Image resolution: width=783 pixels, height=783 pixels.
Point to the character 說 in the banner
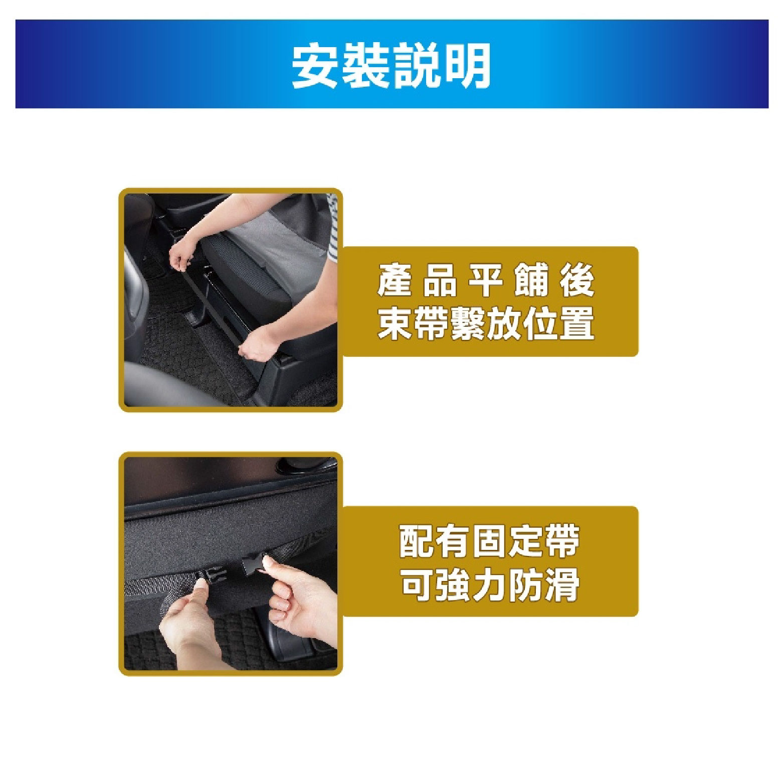coord(417,66)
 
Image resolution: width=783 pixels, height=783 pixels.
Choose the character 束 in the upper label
coord(396,323)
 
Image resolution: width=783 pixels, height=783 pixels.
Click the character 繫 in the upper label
coord(468,323)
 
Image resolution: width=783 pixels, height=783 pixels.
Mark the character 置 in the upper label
coord(577,323)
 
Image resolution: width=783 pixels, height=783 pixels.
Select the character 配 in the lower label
coord(417,541)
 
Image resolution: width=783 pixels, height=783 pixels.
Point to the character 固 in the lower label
coord(490,541)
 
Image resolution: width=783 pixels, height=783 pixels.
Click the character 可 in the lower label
coord(417,584)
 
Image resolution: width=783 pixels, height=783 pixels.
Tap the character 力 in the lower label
coord(490,584)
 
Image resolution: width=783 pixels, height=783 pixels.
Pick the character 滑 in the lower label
coord(562,584)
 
